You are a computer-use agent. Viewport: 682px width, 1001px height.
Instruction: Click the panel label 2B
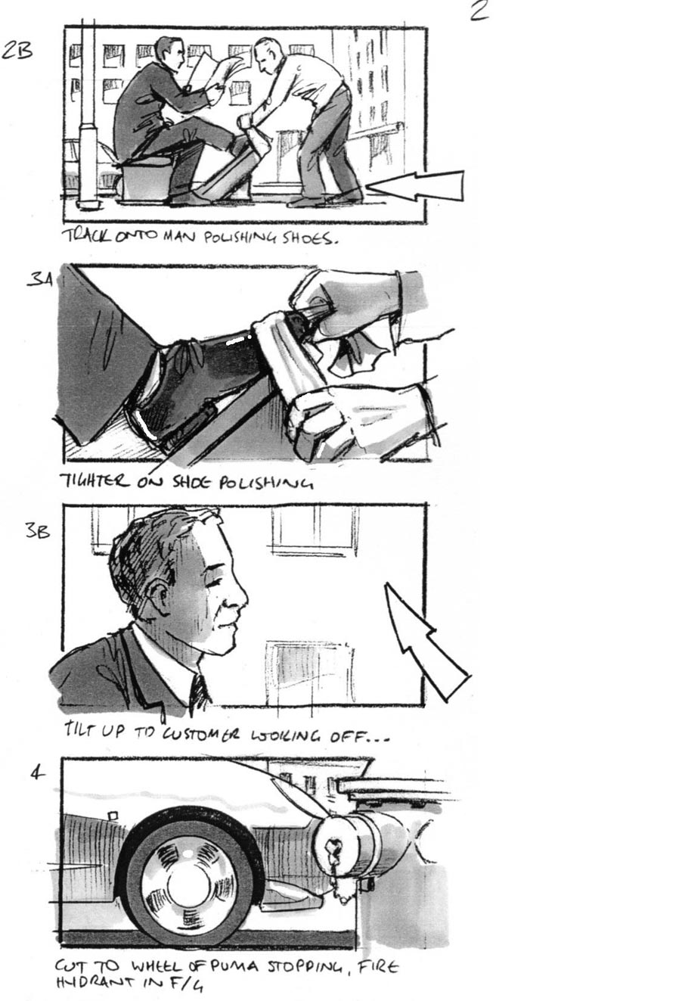[x=19, y=51]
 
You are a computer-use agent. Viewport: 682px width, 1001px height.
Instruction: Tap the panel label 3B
[x=37, y=531]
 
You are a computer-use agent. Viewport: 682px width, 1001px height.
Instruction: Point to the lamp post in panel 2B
[x=88, y=113]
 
